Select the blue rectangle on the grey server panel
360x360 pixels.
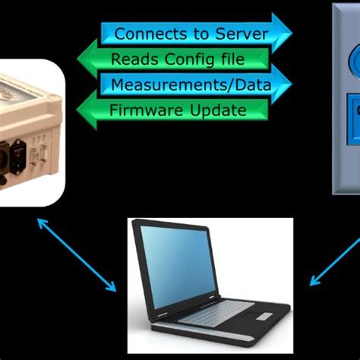tap(351, 109)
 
